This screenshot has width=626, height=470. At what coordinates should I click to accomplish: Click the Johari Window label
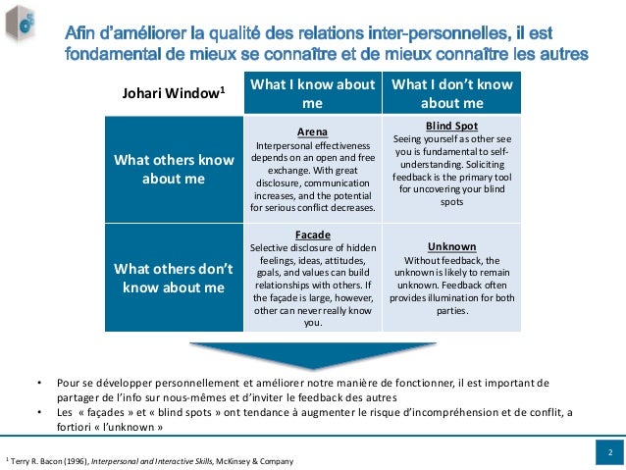(173, 94)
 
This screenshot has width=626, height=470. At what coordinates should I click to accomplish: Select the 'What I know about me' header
(312, 94)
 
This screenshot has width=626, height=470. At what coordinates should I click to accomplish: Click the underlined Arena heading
(312, 131)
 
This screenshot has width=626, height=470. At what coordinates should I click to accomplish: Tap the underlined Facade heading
(312, 235)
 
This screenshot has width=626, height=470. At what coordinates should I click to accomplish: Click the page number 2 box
(609, 452)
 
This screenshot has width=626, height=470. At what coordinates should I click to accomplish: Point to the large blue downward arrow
(312, 354)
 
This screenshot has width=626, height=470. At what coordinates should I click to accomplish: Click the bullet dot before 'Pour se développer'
(39, 383)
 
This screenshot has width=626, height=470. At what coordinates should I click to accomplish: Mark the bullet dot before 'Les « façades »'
(39, 412)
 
